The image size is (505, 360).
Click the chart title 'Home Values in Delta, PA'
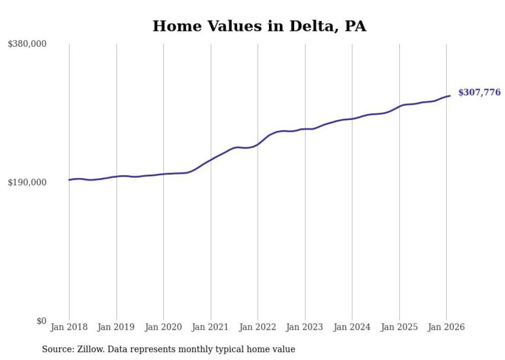259,26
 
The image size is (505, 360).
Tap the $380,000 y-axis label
27,44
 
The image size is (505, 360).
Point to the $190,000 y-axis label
27,182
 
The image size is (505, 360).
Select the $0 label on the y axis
41,321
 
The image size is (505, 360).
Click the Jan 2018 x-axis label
69,327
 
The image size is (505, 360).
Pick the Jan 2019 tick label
116,327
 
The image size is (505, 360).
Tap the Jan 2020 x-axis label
163,327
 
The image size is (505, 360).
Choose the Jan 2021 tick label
211,327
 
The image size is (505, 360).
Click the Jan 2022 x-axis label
258,327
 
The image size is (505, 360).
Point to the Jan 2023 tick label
305,327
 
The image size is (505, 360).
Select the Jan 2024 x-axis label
352,327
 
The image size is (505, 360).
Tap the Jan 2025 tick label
399,327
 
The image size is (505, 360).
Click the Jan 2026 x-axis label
446,327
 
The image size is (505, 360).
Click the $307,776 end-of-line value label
479,93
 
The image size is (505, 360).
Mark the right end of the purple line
450,95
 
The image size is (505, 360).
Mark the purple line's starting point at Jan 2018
69,180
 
